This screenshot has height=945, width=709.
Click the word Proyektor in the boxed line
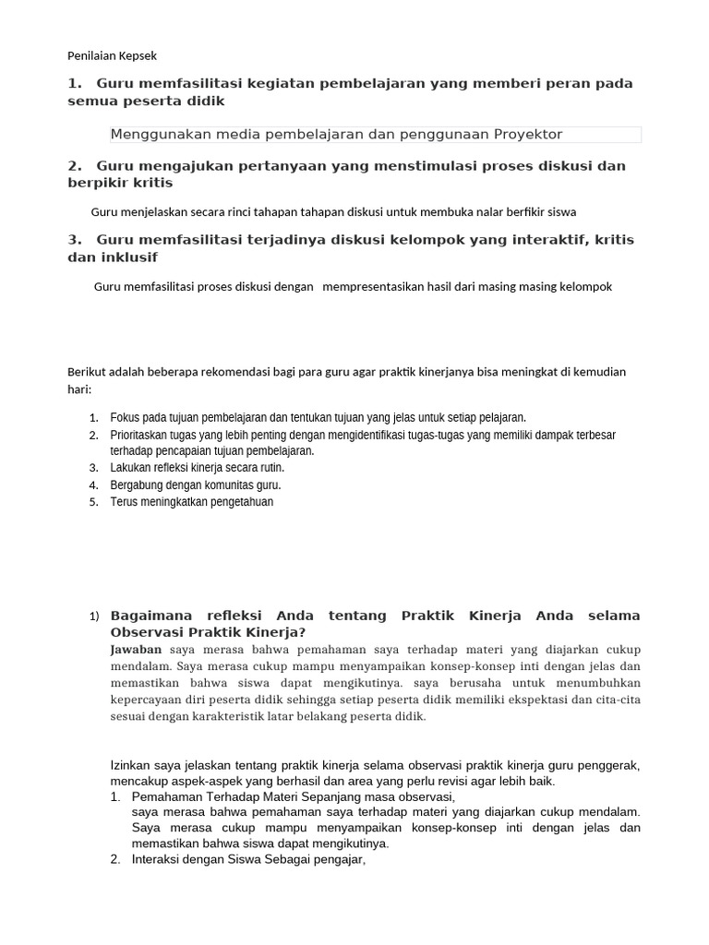[522, 135]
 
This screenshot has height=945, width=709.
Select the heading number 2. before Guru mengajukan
[74, 166]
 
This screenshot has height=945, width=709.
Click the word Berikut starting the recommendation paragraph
[88, 372]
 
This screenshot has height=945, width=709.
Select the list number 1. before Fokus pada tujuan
[93, 417]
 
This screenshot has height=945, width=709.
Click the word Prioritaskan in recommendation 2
[140, 435]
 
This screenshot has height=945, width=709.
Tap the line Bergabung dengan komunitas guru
[196, 485]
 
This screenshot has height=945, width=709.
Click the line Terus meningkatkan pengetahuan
[192, 502]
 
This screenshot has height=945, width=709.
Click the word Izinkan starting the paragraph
[129, 765]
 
